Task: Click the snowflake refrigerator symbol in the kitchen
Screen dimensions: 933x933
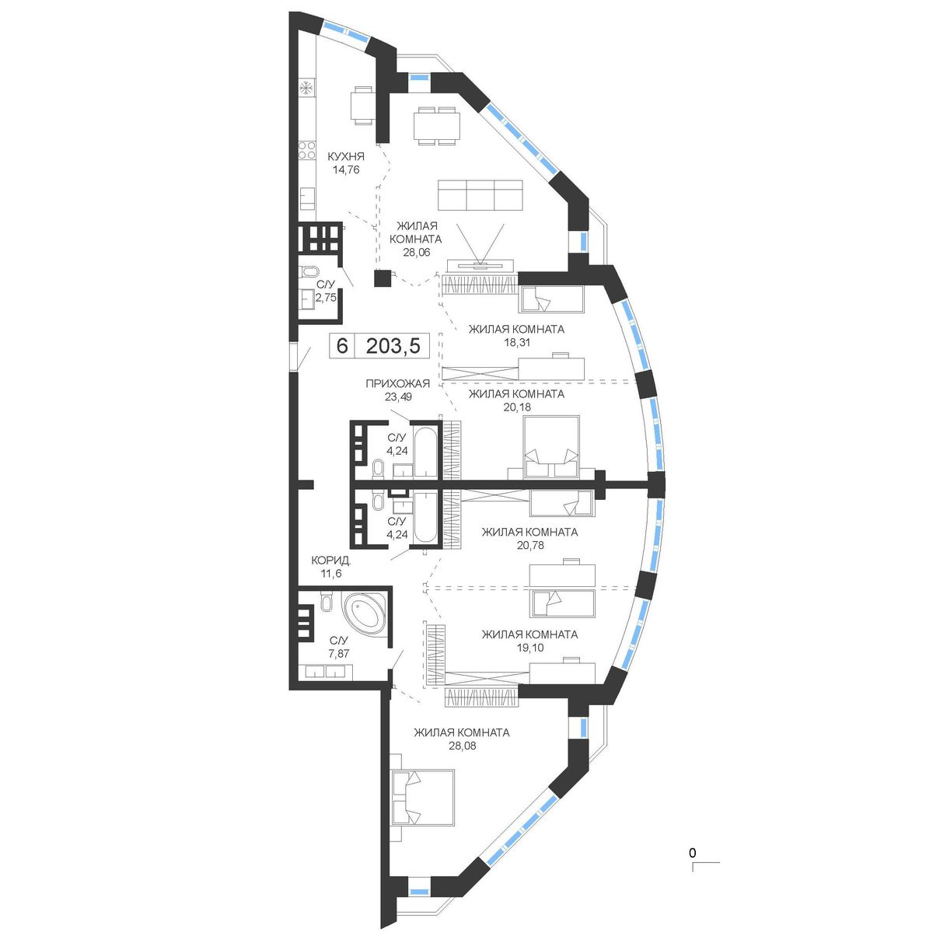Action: (x=306, y=89)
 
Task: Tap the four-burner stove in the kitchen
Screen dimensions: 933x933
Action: (x=307, y=151)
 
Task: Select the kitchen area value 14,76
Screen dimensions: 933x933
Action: (x=346, y=169)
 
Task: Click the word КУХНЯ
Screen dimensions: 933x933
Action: (x=346, y=156)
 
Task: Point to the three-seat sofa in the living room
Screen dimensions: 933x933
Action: (x=480, y=195)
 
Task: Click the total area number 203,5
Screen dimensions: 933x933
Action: (x=393, y=346)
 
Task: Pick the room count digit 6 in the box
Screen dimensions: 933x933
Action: (x=342, y=346)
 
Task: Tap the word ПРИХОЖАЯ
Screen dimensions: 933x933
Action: (x=397, y=384)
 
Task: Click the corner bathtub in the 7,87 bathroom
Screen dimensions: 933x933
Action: (x=364, y=612)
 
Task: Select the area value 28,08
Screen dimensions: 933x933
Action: (x=462, y=746)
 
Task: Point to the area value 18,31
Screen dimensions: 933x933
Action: (x=516, y=342)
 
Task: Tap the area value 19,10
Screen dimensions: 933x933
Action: (x=529, y=648)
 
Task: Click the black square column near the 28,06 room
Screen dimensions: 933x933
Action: (x=383, y=278)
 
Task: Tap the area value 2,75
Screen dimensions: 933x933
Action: (x=326, y=298)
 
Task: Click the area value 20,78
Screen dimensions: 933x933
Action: (x=529, y=546)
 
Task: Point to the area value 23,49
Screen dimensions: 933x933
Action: (x=397, y=397)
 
